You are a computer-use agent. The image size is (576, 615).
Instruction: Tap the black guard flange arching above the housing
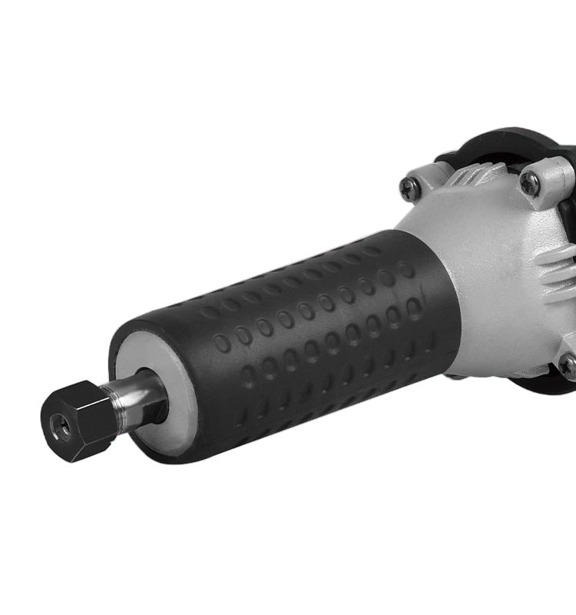(x=492, y=142)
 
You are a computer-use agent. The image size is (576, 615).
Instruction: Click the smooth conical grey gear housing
(x=492, y=284)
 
